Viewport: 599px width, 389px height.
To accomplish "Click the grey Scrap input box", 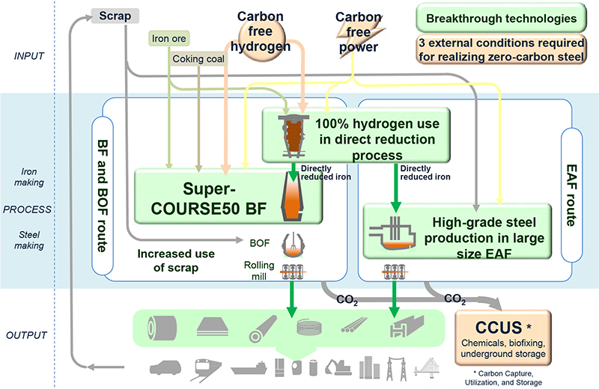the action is click(x=115, y=16).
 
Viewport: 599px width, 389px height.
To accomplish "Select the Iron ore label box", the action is click(x=169, y=39).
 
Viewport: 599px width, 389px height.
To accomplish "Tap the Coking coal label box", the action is click(x=198, y=59).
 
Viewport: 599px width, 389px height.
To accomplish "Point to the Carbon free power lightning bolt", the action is click(x=359, y=35).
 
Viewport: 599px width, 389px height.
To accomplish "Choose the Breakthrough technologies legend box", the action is click(x=501, y=18).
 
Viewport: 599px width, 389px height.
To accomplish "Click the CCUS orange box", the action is click(x=502, y=337).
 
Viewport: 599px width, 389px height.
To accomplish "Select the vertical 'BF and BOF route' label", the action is click(x=103, y=195).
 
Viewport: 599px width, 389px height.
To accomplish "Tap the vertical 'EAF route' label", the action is click(x=571, y=195).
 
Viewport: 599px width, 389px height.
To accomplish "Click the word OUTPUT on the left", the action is click(x=26, y=335).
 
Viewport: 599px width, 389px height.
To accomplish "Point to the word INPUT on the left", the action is click(x=29, y=56).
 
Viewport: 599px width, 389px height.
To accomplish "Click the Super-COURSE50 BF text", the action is click(x=209, y=198).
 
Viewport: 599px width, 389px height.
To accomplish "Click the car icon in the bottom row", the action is click(x=165, y=367).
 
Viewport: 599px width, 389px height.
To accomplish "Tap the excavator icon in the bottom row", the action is click(x=338, y=367).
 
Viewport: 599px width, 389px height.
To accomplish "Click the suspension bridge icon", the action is click(x=427, y=368).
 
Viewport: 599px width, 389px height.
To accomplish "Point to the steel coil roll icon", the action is click(x=162, y=328).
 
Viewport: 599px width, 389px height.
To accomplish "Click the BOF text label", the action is click(x=260, y=243).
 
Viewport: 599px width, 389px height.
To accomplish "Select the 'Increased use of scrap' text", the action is click(x=176, y=261).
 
